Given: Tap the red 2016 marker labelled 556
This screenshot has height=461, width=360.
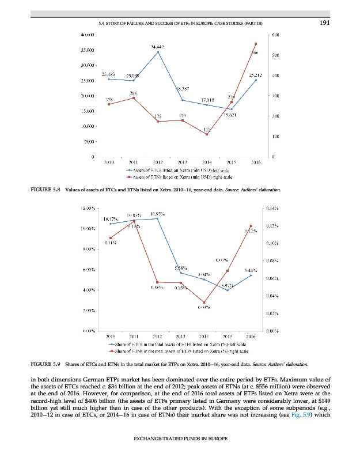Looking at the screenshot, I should point(256,44).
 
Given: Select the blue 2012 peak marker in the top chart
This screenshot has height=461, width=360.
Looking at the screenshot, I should point(158,52).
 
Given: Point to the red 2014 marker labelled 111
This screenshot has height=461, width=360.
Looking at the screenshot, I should point(206,135).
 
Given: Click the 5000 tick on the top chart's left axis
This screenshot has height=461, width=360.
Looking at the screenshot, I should point(90,142).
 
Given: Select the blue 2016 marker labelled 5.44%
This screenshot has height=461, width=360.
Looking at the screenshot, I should point(251,275).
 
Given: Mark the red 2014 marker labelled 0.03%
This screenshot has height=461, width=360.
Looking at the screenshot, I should point(203,303).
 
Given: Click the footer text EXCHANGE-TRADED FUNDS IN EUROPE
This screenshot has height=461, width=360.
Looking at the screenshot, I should point(180,446).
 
